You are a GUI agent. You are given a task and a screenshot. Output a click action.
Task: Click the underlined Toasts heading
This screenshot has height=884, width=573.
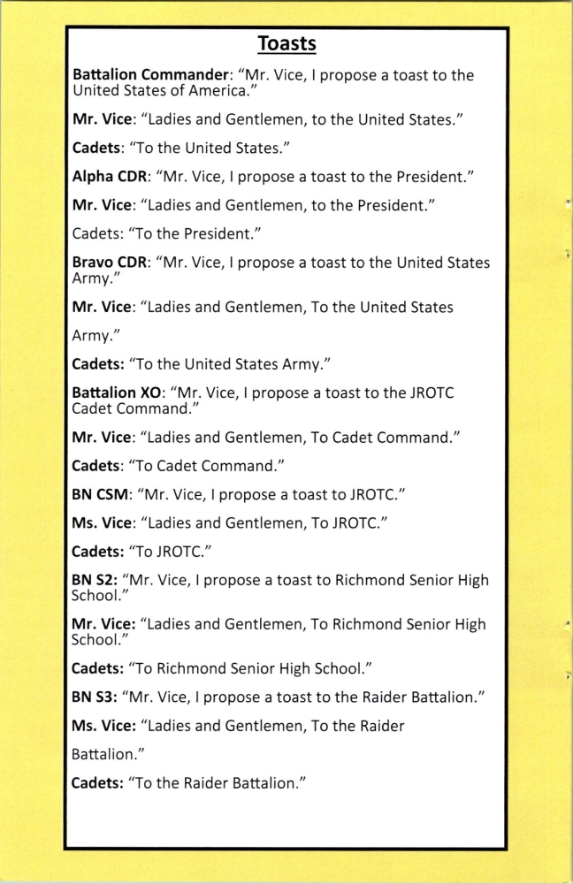(x=286, y=43)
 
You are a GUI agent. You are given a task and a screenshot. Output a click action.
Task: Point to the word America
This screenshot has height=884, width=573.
(x=203, y=90)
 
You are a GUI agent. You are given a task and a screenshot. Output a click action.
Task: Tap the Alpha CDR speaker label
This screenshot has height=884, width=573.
(x=109, y=176)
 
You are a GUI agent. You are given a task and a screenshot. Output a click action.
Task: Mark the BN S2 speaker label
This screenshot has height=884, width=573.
(x=94, y=581)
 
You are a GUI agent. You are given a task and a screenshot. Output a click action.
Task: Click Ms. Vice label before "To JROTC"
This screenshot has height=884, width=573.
(x=102, y=522)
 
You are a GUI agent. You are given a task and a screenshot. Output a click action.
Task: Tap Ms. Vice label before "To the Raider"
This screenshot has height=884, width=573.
(x=102, y=726)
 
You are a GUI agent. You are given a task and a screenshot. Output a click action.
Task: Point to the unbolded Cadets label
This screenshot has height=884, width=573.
(x=97, y=233)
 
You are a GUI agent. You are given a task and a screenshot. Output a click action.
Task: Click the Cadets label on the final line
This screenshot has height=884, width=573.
(x=98, y=783)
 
